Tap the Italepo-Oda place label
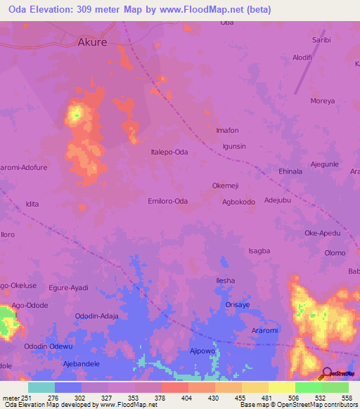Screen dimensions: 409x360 point(169,152)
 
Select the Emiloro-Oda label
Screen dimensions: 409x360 point(167,201)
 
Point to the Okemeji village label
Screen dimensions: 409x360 point(226,186)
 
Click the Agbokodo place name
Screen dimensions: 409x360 point(238,202)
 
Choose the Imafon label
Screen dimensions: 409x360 point(227,131)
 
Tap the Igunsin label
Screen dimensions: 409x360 point(234,146)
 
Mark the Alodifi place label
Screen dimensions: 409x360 point(307,58)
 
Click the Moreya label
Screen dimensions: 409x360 point(323,101)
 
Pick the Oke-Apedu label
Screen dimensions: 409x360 point(322,233)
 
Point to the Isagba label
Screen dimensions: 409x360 point(259,251)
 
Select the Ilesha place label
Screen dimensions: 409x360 point(225,280)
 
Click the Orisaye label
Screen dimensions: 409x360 point(238,304)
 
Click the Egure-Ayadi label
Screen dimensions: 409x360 point(68,287)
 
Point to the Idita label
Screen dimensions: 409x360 point(32,204)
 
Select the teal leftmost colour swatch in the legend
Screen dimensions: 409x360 point(41,387)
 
